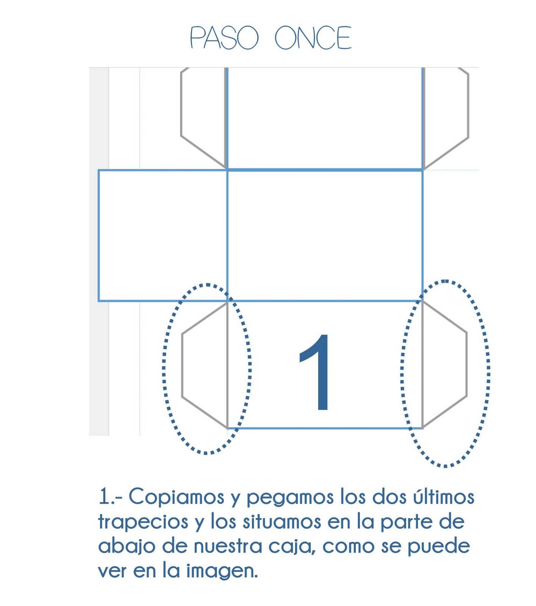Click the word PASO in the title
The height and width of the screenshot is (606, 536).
point(224,37)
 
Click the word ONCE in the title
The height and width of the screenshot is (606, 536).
point(313,37)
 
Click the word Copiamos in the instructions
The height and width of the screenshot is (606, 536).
point(177,497)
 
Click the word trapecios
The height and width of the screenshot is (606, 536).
point(143,522)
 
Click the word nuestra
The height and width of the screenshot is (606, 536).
point(228,547)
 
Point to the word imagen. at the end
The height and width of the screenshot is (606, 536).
point(222,571)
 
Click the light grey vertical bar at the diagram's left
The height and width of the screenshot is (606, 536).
point(99,251)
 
